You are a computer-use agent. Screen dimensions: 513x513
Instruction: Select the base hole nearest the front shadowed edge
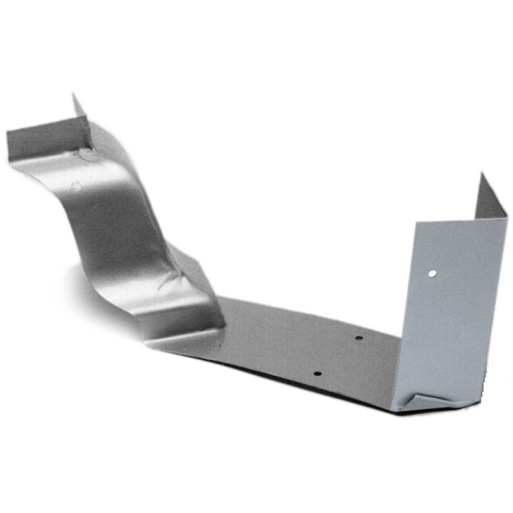(316, 372)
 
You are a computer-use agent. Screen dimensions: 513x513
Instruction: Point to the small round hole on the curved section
(76, 185)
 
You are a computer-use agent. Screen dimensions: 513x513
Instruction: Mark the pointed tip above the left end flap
(73, 96)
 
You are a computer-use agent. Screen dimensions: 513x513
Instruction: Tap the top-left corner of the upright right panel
(417, 223)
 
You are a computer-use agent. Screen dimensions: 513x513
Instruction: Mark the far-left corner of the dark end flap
(7, 133)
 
